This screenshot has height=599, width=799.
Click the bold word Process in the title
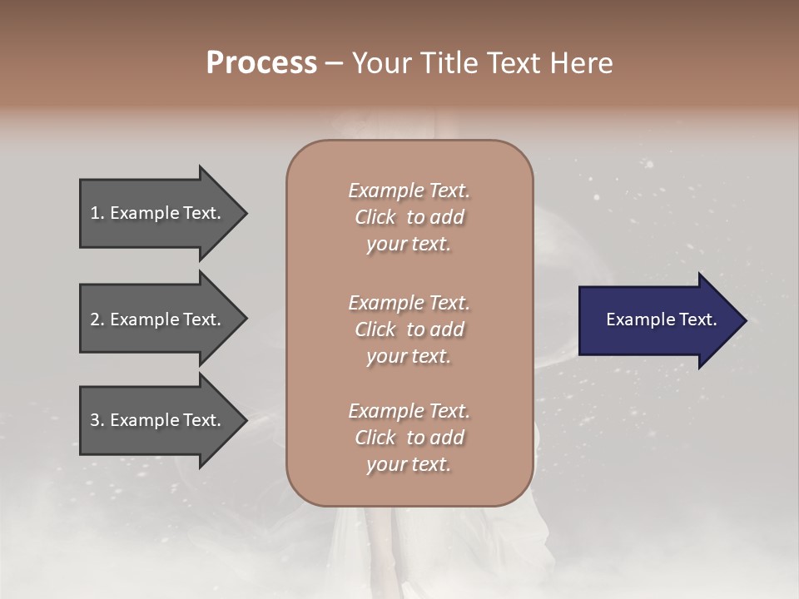click(261, 63)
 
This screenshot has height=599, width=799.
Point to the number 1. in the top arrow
click(97, 213)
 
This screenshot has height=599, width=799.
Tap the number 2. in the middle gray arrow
click(97, 319)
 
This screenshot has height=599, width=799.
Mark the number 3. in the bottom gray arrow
click(97, 420)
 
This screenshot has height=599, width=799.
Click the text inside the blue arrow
click(661, 319)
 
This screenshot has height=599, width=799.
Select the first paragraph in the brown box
click(409, 217)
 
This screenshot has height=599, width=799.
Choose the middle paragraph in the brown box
click(409, 329)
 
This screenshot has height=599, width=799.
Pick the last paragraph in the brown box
click(409, 438)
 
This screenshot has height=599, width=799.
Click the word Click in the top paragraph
click(375, 217)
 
